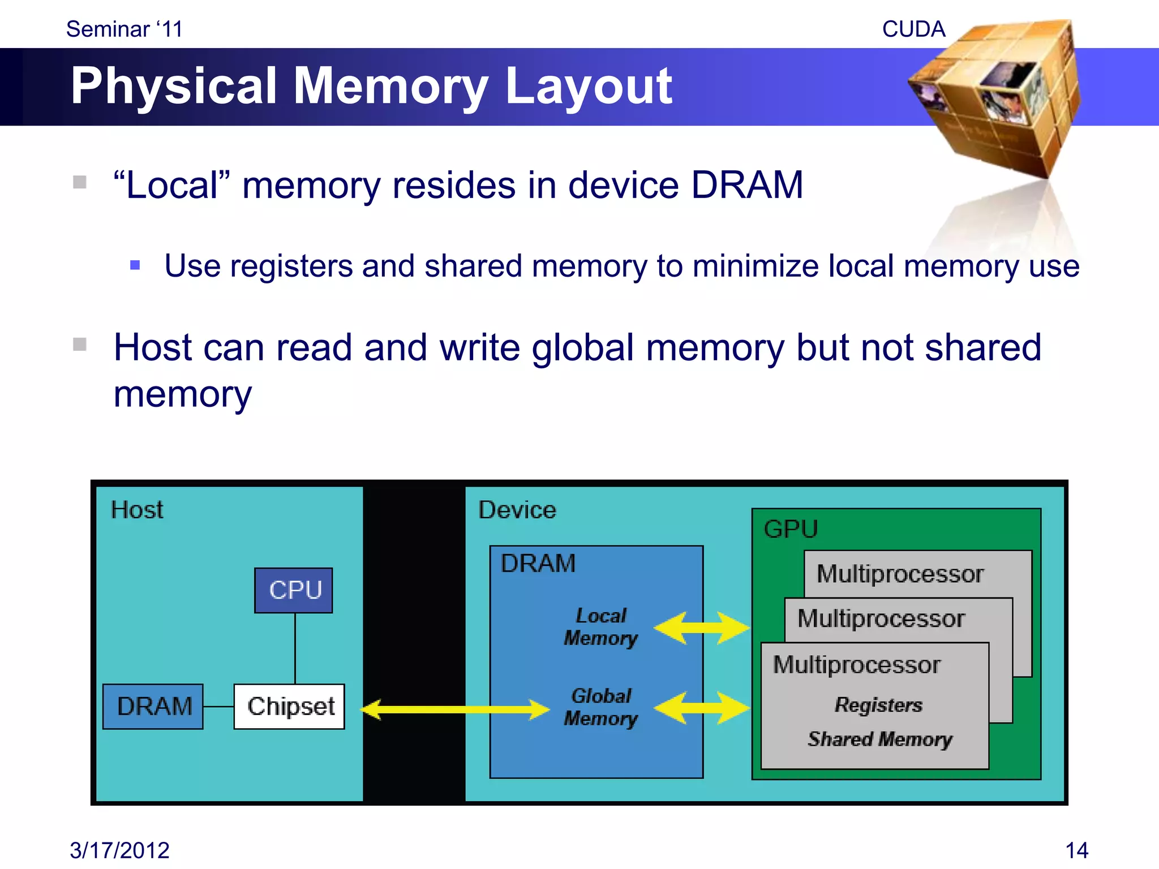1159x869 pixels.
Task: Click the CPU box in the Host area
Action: tap(293, 590)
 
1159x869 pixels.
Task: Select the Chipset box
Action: tap(289, 706)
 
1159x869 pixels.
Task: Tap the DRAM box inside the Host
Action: tap(153, 706)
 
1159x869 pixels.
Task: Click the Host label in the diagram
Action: tap(137, 510)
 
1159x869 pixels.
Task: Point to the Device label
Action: tap(517, 510)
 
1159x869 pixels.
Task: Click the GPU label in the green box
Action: tap(791, 530)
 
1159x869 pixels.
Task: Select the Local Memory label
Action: tap(601, 627)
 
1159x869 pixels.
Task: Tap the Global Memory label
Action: tap(601, 707)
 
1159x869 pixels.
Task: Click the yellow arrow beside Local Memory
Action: tap(702, 627)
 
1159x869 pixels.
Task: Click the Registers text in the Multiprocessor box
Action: tap(878, 705)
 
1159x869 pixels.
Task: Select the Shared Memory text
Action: tap(880, 739)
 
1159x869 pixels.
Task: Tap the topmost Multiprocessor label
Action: tap(900, 574)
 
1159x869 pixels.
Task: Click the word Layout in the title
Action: tap(589, 86)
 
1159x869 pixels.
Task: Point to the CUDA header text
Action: tap(913, 29)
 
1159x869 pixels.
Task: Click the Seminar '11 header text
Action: tap(125, 29)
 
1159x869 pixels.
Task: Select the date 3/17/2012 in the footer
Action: tap(119, 850)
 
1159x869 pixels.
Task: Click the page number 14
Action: tap(1076, 850)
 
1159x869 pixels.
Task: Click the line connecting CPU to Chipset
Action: tap(295, 648)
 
